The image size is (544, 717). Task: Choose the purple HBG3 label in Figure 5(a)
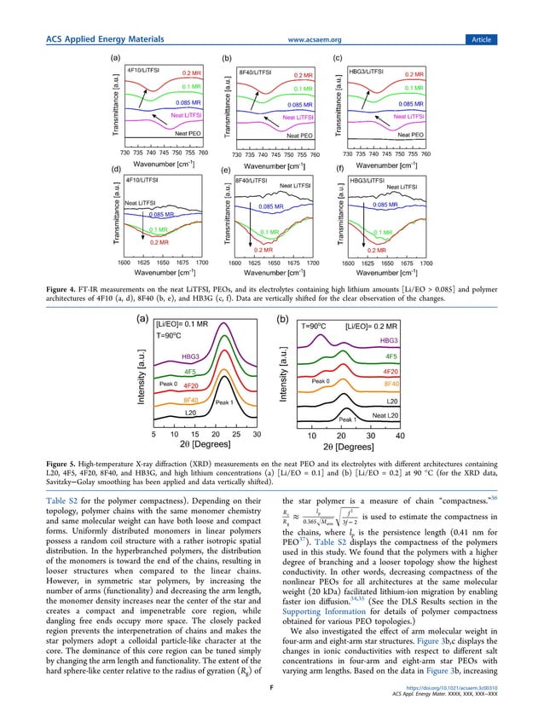point(192,357)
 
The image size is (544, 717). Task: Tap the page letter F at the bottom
point(271,702)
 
